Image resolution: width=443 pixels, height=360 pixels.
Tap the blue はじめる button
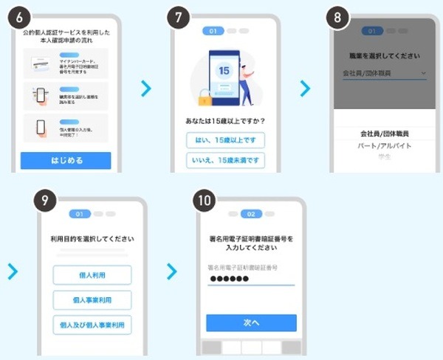[x=66, y=160]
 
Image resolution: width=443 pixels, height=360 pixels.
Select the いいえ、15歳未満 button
[x=224, y=161]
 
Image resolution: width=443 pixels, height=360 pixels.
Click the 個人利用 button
[x=92, y=274]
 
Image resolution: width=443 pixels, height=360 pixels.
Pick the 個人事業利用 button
[x=92, y=300]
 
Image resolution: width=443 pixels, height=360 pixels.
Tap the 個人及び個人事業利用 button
[x=92, y=325]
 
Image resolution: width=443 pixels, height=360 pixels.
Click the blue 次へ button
[x=251, y=322]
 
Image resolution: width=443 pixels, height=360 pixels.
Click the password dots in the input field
[x=230, y=278]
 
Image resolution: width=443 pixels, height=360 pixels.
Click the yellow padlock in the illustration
[x=204, y=97]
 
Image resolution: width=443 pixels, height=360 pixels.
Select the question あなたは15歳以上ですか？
[x=224, y=120]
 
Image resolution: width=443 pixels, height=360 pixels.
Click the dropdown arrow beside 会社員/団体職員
[x=423, y=74]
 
